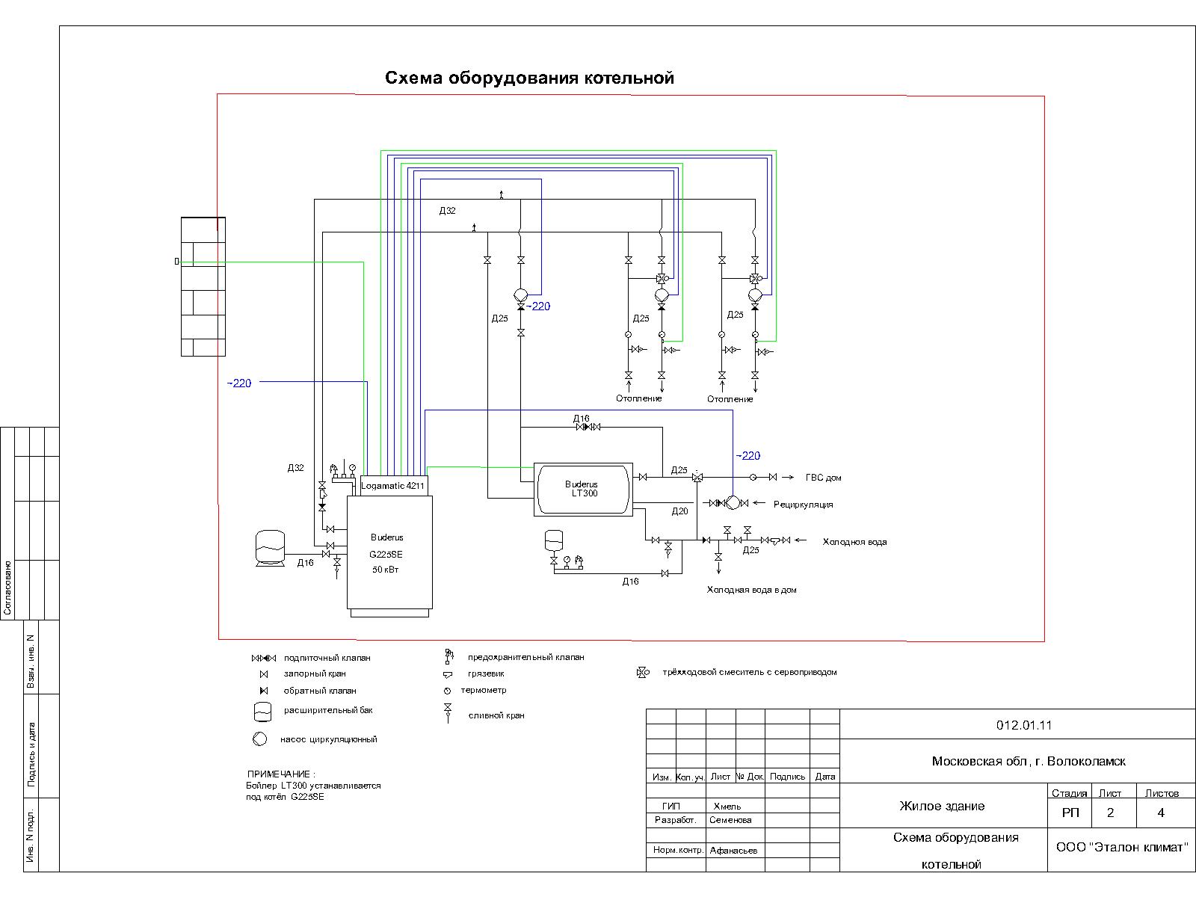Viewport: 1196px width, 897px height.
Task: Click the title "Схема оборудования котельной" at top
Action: click(529, 78)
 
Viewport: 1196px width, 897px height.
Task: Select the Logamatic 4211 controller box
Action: click(393, 486)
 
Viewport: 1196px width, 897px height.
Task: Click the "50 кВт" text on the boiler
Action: click(386, 570)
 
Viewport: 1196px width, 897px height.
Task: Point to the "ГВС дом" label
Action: click(823, 478)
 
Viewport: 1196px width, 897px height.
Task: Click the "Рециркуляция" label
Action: click(803, 505)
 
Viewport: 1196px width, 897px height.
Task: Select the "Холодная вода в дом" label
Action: click(751, 590)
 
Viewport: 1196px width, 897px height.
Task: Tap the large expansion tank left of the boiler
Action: click(270, 546)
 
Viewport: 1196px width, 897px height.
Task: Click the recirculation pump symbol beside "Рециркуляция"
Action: click(733, 503)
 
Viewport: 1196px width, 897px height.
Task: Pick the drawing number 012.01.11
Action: click(1023, 725)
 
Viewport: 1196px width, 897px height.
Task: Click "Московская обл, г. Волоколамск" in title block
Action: click(1028, 762)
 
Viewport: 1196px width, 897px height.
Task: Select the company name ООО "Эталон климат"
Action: click(1121, 847)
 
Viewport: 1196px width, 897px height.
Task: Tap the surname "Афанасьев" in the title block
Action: click(733, 851)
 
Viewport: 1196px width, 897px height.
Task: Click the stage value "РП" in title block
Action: click(1070, 813)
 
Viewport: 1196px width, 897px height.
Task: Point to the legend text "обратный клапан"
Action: click(320, 691)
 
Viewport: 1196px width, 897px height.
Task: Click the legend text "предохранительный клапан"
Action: click(525, 657)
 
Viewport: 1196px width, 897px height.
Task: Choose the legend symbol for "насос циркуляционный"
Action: click(259, 739)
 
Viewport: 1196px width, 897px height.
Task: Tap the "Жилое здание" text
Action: click(941, 806)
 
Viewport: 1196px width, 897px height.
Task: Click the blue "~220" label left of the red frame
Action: click(239, 383)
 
